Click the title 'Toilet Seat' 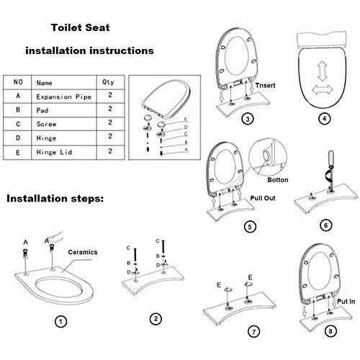point(80,30)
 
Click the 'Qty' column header point(108,82)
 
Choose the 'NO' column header point(19,82)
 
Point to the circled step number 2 point(155,318)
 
